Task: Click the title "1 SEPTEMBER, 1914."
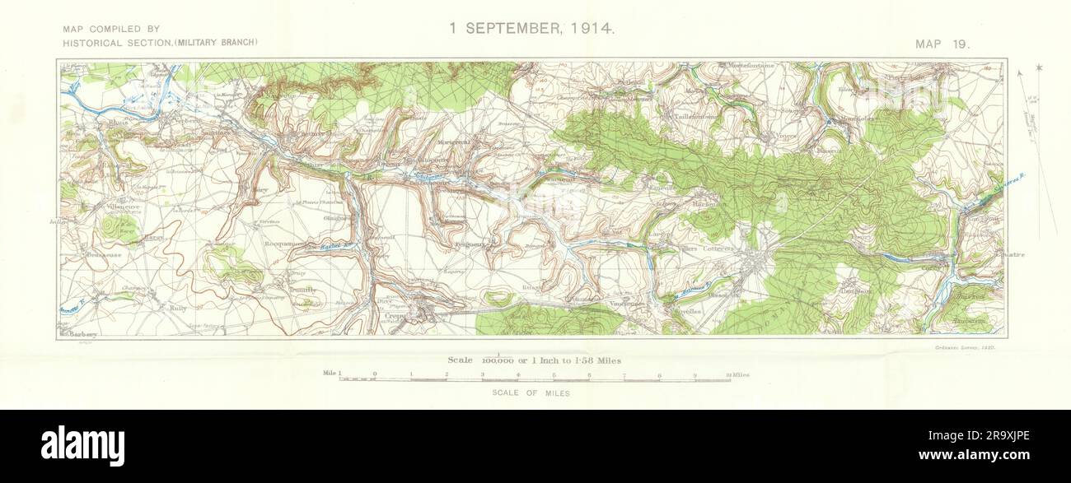531,28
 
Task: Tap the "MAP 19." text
942,44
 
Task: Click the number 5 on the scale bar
554,374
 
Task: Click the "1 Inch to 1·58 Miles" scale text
568,360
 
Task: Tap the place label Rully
178,308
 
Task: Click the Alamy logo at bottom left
82,445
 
